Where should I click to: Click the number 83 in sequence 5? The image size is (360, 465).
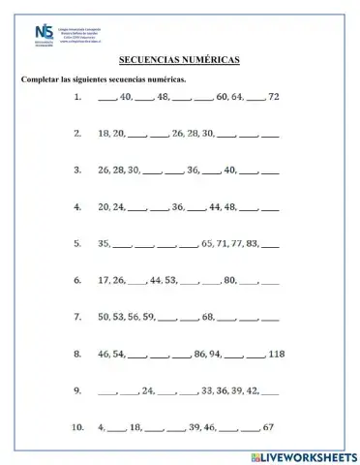pos(254,243)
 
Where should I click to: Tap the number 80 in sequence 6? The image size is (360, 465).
pos(229,280)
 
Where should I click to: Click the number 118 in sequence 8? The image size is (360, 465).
pos(277,354)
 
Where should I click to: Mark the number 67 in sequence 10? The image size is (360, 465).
pos(269,427)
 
